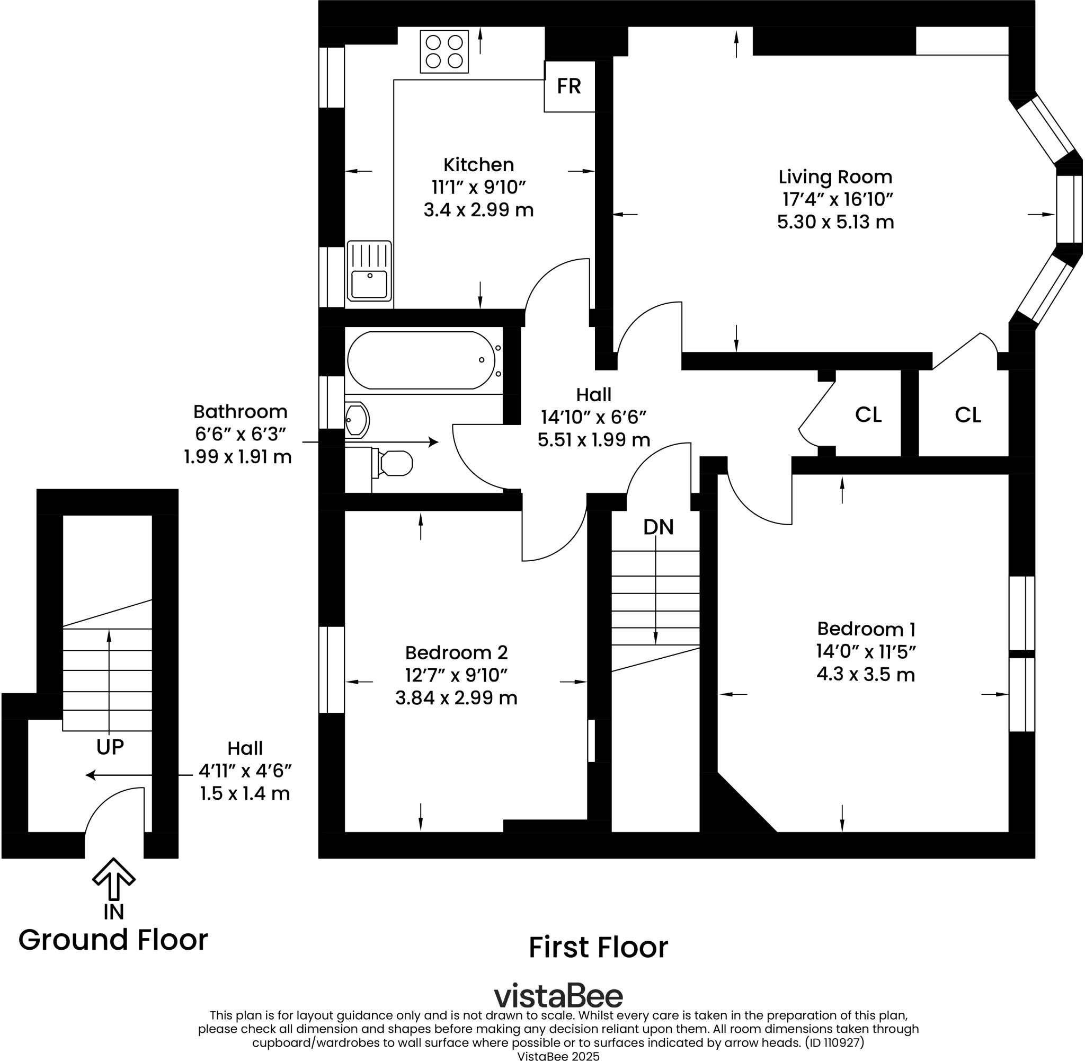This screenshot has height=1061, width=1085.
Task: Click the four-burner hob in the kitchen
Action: tap(444, 51)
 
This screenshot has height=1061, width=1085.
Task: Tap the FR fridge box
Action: tap(568, 86)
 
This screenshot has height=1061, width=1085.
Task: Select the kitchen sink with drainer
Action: tap(369, 271)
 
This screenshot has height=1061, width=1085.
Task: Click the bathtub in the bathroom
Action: tap(421, 360)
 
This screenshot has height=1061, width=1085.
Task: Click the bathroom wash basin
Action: tap(357, 420)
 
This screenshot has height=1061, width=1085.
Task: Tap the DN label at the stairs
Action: tap(658, 527)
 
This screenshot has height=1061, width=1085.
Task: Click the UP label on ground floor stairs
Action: tap(110, 747)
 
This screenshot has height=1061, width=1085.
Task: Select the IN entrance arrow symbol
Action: tap(113, 879)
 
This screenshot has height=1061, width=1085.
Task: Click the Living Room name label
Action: tap(835, 177)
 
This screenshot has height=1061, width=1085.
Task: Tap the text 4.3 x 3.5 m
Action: tap(866, 675)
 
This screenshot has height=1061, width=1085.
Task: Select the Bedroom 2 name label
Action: tap(456, 652)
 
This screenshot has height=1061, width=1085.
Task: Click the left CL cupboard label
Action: tap(868, 414)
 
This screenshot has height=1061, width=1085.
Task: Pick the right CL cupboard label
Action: tap(967, 415)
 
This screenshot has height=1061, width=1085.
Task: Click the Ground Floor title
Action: tap(113, 940)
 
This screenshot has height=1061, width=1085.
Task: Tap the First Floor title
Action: tap(598, 948)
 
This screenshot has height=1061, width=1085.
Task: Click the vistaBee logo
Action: tap(558, 996)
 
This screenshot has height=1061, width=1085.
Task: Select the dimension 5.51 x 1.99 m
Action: tap(594, 440)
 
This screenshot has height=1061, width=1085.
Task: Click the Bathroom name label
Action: tap(240, 412)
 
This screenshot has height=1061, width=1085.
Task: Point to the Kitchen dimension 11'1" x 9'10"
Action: tap(478, 187)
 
